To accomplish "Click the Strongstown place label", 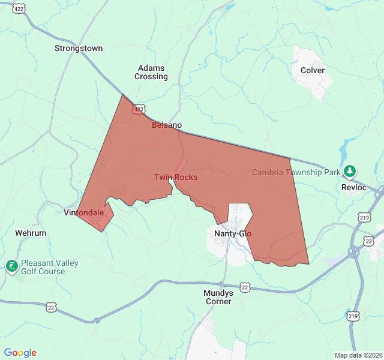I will (x=79, y=48).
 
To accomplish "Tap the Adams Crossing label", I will (x=151, y=73).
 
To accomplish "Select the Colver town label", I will (x=313, y=70).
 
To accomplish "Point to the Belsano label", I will (x=166, y=125).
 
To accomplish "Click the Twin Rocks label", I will (x=176, y=177).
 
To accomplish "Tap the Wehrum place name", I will (x=31, y=232).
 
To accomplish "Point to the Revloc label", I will (x=353, y=187).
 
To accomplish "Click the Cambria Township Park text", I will (x=296, y=172).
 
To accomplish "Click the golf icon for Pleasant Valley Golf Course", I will (x=11, y=265).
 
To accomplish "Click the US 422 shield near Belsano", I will (x=139, y=109).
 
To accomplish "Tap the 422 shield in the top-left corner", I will (x=20, y=9).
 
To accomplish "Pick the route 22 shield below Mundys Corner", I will (x=245, y=287).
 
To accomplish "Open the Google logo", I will (x=20, y=353).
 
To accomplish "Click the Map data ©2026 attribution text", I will (x=358, y=355).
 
